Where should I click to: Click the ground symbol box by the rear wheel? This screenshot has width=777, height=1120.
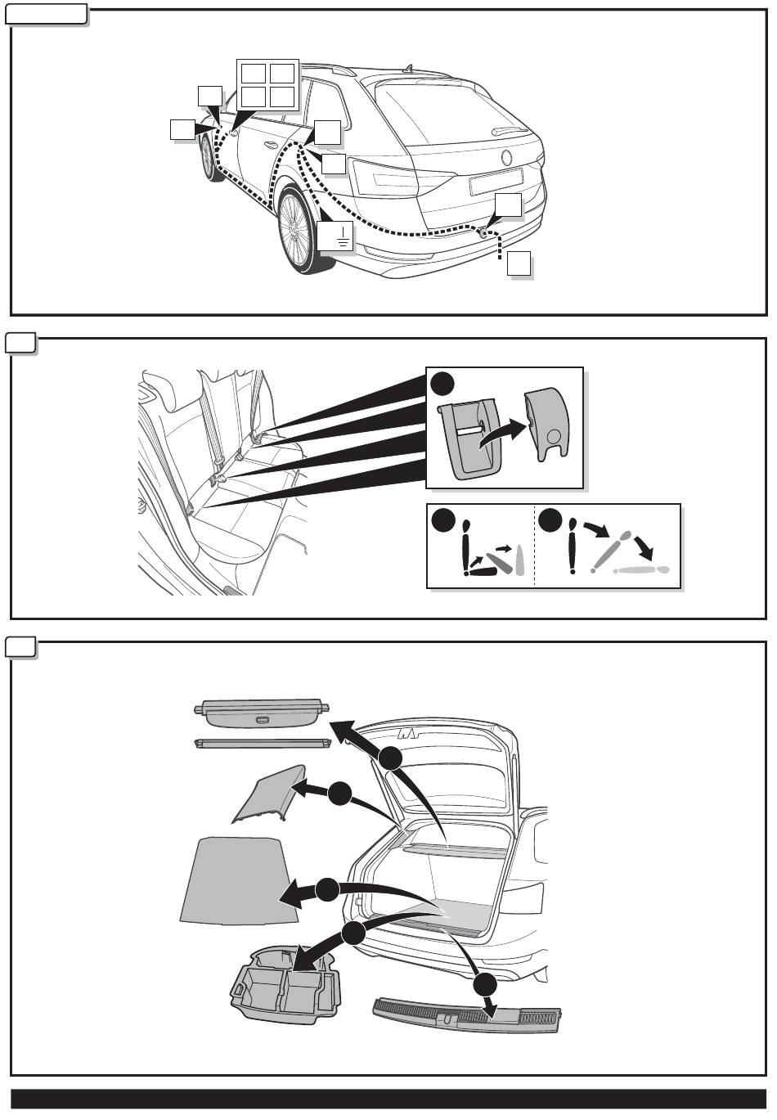[335, 236]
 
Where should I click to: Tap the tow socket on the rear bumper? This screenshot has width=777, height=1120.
[484, 232]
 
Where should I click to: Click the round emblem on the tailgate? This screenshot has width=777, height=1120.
[505, 157]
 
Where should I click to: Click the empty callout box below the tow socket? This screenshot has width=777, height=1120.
[519, 264]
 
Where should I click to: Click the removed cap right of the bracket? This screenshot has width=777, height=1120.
[545, 425]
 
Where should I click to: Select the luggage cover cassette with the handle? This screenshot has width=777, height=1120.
[262, 712]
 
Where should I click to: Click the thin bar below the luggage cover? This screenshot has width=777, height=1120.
[262, 744]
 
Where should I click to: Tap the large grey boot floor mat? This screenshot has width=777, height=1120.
[233, 879]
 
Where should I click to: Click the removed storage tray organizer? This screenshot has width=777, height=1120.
[286, 987]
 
